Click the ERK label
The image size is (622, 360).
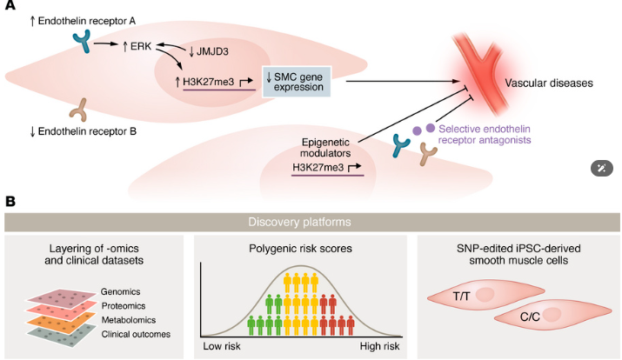tap(141, 46)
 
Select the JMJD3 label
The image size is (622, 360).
tap(212, 51)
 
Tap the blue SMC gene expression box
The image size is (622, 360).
tap(297, 82)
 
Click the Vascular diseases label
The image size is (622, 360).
tap(549, 83)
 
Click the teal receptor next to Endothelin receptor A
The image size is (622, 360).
tap(82, 42)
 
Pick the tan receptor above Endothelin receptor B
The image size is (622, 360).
tap(78, 110)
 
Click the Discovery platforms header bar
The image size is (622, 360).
tap(311, 222)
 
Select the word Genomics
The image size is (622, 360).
tap(120, 292)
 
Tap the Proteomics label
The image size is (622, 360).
tap(124, 306)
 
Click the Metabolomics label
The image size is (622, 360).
tap(129, 320)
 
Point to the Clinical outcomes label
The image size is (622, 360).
tap(136, 334)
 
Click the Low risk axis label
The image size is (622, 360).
tap(222, 346)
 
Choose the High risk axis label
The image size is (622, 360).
tap(379, 346)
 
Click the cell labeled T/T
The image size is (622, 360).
tap(486, 296)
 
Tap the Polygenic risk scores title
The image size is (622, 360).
tap(300, 249)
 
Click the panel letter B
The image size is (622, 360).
tap(10, 202)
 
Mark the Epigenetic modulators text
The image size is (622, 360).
tap(325, 148)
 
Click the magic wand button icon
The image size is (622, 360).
tap(602, 169)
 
